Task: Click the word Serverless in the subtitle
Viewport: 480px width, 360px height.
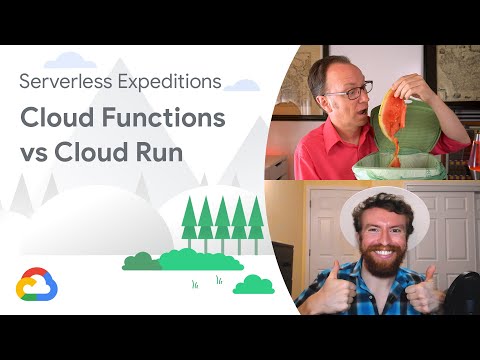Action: point(67,82)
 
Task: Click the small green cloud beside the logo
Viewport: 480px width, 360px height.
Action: point(253,285)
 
